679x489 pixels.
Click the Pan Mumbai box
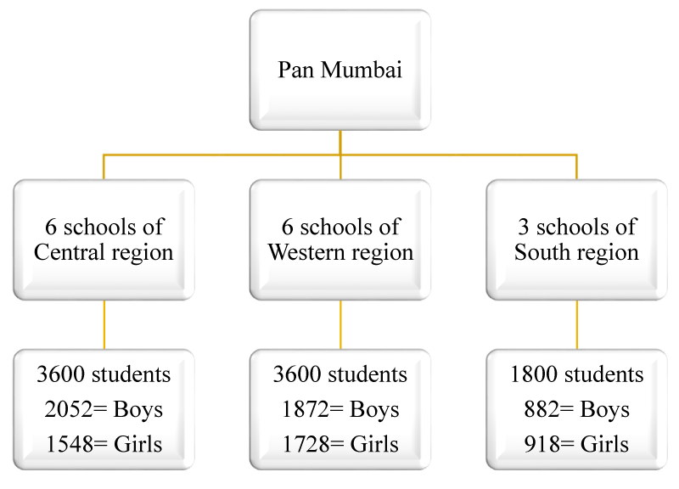click(340, 70)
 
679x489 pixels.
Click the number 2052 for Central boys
click(69, 409)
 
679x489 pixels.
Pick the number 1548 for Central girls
click(70, 444)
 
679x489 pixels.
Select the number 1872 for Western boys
click(306, 409)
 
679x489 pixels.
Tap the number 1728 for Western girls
click(306, 444)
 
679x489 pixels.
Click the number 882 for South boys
click(542, 409)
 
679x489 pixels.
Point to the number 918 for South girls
click(542, 444)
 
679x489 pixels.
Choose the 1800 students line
click(577, 374)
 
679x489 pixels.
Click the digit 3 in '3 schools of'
click(524, 227)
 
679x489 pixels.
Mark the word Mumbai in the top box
click(362, 70)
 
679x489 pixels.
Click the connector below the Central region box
click(104, 325)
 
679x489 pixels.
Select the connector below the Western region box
click(340, 325)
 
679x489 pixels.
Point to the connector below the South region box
click(577, 325)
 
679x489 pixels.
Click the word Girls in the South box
click(604, 444)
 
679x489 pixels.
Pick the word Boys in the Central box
click(138, 410)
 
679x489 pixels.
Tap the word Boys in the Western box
click(374, 410)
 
